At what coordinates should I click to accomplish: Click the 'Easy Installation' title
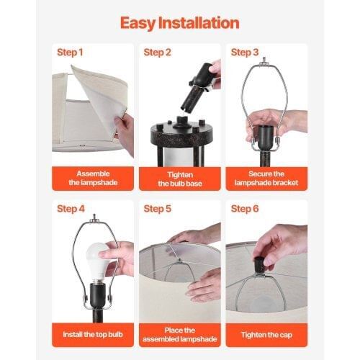179,24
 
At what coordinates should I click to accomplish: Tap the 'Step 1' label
70,53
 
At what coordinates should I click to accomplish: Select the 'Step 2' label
157,53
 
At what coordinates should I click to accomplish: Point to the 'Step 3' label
245,53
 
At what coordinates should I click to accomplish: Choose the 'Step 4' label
71,209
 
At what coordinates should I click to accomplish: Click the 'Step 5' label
158,209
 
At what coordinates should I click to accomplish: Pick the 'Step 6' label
245,209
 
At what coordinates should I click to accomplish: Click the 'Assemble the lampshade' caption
93,178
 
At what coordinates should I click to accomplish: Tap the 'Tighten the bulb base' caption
180,179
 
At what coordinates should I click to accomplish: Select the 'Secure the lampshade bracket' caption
266,179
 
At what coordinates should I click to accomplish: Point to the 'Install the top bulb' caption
93,335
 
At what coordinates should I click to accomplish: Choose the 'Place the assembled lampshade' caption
180,335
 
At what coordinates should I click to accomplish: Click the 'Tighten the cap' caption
266,335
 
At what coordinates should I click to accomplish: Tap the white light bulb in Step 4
99,261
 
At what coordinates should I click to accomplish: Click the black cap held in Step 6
260,266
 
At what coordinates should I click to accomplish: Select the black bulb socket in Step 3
267,138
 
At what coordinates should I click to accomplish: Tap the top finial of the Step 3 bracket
264,60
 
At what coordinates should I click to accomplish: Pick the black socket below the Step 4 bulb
98,296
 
